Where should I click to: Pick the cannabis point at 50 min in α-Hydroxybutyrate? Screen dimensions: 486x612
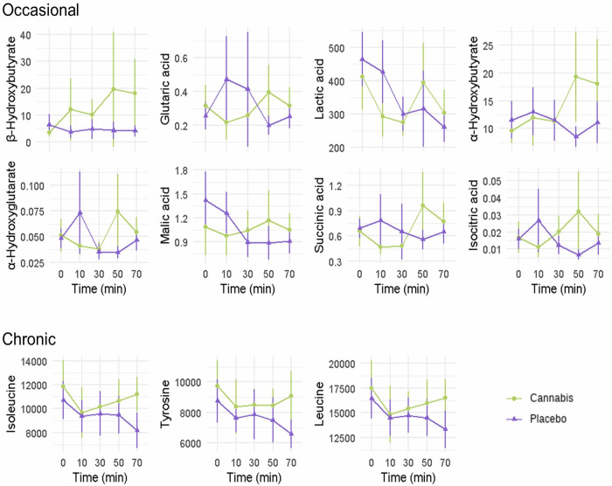click(575, 76)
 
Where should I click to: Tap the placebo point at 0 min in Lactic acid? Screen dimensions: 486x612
click(362, 59)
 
